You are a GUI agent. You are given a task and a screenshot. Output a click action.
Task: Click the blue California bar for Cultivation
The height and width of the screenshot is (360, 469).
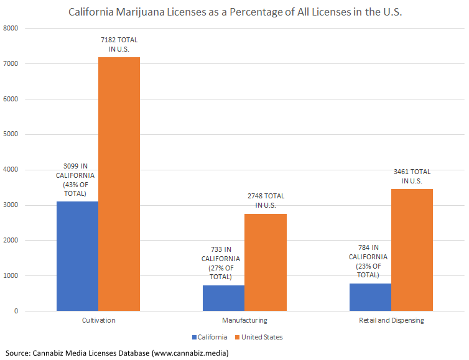[x=77, y=256]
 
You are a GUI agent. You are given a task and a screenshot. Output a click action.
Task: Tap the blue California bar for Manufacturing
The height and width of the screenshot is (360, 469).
[x=223, y=298]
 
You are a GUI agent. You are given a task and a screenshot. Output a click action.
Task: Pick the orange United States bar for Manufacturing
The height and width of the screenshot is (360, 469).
[x=266, y=262]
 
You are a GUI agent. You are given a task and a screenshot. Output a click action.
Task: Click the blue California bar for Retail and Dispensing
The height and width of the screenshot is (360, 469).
[x=370, y=297]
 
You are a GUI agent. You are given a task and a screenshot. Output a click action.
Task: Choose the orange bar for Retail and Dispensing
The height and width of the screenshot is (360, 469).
[x=412, y=249]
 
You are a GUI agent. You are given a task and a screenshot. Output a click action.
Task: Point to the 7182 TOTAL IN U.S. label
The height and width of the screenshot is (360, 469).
[x=119, y=44]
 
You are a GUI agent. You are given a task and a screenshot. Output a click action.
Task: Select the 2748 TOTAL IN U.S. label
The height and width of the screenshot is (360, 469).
[x=266, y=200]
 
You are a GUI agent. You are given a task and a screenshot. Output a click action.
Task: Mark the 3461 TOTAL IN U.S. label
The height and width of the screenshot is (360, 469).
[x=412, y=176]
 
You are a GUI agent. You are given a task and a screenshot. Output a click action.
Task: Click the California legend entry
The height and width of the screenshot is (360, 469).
[x=210, y=337]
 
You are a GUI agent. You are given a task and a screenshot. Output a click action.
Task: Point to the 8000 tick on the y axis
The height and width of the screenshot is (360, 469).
[x=11, y=29]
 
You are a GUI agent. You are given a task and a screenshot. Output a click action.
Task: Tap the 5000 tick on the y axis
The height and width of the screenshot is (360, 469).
[x=11, y=134]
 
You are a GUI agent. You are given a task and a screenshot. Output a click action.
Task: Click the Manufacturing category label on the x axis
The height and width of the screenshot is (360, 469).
[x=244, y=320]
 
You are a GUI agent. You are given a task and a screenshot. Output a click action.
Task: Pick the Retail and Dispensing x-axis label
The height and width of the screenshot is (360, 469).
[x=391, y=320]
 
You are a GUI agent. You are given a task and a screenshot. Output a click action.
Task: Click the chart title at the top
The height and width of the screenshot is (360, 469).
[x=234, y=12]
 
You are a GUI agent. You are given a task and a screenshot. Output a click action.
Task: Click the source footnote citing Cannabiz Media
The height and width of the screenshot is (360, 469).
[x=118, y=353]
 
